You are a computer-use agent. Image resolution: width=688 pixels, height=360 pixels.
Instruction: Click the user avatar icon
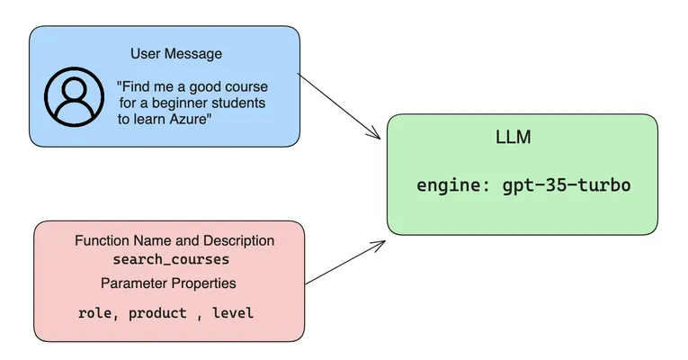74,96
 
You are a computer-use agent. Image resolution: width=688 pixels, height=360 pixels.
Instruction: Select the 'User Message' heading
176,54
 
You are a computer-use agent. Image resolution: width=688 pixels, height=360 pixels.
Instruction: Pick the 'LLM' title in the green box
513,137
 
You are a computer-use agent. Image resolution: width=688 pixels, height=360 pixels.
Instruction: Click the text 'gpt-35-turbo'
567,184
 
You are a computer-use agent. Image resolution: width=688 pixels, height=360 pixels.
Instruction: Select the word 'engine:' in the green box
453,185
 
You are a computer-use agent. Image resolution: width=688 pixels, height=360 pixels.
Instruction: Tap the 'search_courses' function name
171,259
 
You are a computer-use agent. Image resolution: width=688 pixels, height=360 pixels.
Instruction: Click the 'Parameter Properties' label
168,283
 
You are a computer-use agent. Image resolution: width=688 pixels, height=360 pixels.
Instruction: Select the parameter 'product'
157,313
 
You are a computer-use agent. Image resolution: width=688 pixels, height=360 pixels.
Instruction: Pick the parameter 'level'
233,313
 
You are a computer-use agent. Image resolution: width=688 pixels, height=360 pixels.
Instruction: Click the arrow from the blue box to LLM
339,106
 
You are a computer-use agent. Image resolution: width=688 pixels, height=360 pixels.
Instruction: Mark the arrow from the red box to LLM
345,262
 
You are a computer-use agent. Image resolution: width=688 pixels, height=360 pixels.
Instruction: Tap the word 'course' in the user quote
247,86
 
